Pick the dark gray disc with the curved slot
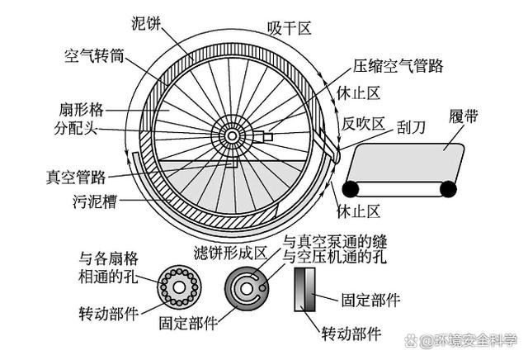pyautogui.click(x=245, y=288)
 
